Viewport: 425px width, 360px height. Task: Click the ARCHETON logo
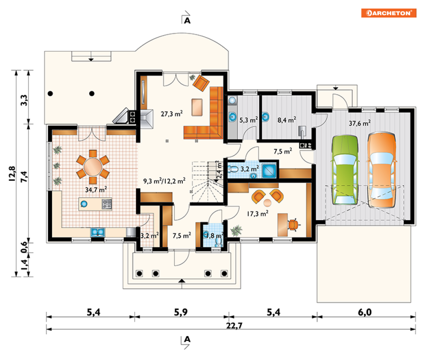pos(389,13)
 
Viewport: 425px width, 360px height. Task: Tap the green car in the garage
pos(345,170)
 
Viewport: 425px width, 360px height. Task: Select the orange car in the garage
pos(381,170)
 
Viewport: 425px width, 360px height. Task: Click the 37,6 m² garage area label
pos(359,123)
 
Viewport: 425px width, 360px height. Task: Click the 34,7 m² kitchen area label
pos(96,189)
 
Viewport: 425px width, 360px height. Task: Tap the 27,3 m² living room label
pos(172,113)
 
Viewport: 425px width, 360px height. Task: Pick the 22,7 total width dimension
pos(234,325)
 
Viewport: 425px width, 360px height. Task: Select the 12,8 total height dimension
pos(12,174)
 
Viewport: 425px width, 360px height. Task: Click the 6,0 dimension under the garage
pos(365,312)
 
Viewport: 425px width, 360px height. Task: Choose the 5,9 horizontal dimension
pos(181,312)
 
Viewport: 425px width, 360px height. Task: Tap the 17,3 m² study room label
pos(258,213)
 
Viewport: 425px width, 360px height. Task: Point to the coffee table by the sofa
pos(197,107)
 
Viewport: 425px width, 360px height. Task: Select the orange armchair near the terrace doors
pos(201,83)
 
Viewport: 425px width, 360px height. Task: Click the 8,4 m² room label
pos(287,120)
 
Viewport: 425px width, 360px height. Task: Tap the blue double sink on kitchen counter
pos(97,232)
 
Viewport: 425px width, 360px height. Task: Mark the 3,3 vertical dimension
pos(24,100)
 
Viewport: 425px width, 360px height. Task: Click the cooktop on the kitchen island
pos(107,204)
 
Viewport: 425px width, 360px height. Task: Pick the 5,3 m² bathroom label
pos(249,120)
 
